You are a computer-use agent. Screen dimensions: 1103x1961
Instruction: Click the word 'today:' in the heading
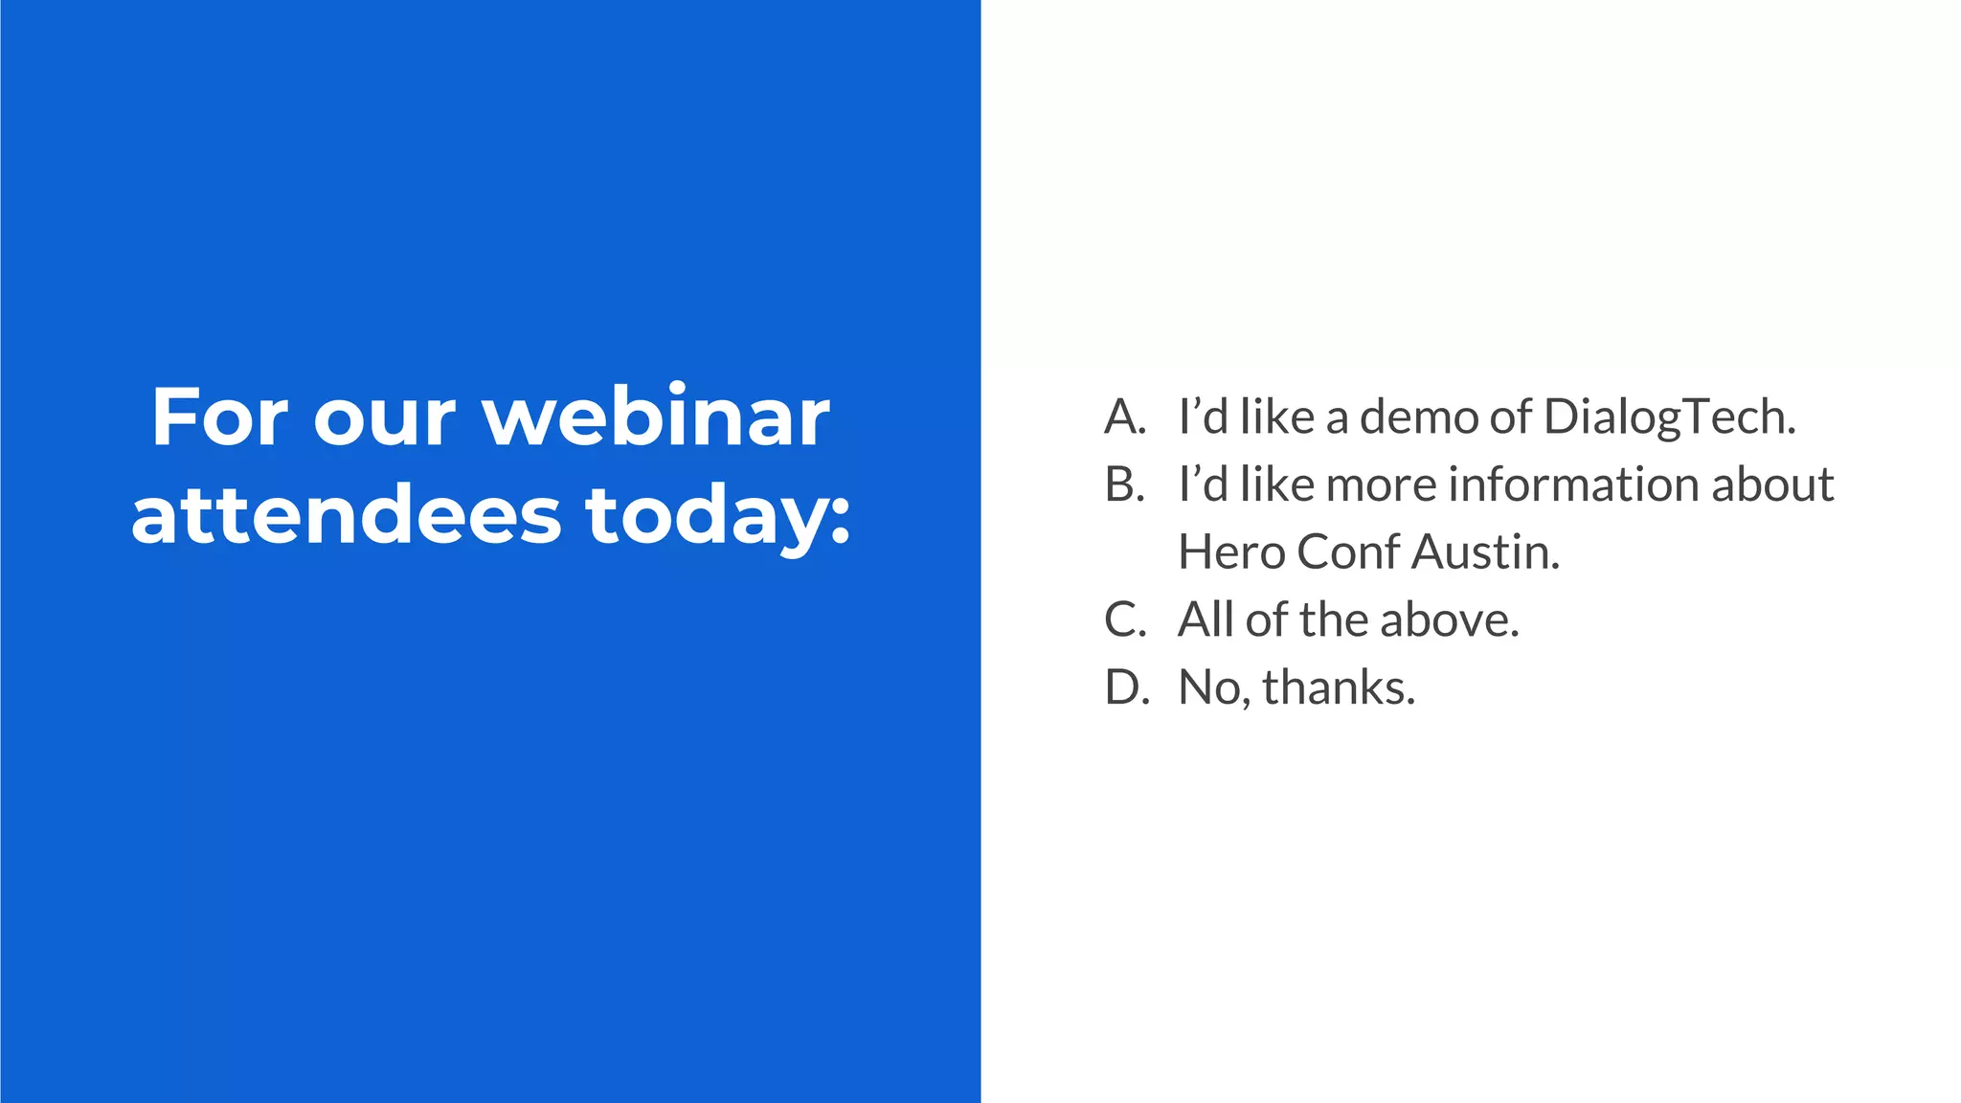pyautogui.click(x=718, y=517)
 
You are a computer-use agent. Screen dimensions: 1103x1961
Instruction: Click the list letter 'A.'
pyautogui.click(x=1125, y=417)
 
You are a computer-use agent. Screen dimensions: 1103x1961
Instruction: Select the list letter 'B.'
pyautogui.click(x=1125, y=484)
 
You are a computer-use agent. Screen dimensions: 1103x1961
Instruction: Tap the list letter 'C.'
pyautogui.click(x=1125, y=619)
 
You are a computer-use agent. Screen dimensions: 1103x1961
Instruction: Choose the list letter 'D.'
pyautogui.click(x=1126, y=687)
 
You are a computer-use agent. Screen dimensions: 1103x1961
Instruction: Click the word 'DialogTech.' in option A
pyautogui.click(x=1670, y=417)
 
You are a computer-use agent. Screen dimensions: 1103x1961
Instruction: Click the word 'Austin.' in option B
pyautogui.click(x=1486, y=552)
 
